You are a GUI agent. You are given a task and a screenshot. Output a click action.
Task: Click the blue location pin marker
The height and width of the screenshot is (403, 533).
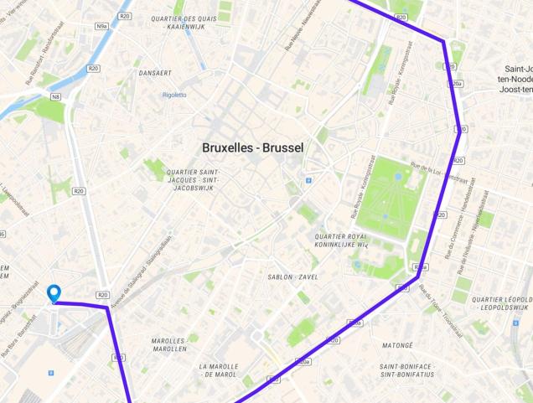click(x=54, y=293)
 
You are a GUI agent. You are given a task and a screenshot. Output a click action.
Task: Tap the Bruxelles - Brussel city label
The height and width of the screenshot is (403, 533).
click(x=252, y=147)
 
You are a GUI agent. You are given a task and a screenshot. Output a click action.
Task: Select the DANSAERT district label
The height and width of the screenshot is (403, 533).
click(x=155, y=73)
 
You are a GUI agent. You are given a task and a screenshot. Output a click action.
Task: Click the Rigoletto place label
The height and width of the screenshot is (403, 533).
click(x=174, y=95)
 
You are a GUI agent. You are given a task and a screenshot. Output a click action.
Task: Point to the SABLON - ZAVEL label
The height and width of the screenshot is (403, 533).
click(x=292, y=276)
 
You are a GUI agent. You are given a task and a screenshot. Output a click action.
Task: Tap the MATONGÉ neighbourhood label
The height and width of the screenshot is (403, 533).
click(x=397, y=344)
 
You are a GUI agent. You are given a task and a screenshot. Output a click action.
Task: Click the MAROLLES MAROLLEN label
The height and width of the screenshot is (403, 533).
click(x=168, y=344)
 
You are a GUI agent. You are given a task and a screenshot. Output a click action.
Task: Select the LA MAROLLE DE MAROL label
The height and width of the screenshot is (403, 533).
click(x=218, y=370)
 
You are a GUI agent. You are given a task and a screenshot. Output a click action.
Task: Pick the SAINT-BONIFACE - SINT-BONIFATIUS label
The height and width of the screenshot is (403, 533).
click(x=406, y=370)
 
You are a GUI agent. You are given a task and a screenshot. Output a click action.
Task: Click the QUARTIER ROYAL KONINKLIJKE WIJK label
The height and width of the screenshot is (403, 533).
click(x=341, y=241)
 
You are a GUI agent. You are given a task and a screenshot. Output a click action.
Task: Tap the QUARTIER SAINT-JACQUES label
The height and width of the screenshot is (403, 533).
click(x=193, y=180)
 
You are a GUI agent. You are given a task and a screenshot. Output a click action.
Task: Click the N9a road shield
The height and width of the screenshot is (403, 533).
click(x=101, y=27)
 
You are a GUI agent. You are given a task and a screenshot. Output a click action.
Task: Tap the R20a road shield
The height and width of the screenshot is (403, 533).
click(x=456, y=84)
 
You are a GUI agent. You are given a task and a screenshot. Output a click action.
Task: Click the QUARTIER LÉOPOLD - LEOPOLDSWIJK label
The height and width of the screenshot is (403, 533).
click(x=501, y=302)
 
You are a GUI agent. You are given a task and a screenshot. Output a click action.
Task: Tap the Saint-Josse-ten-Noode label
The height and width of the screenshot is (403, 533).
click(x=516, y=79)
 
